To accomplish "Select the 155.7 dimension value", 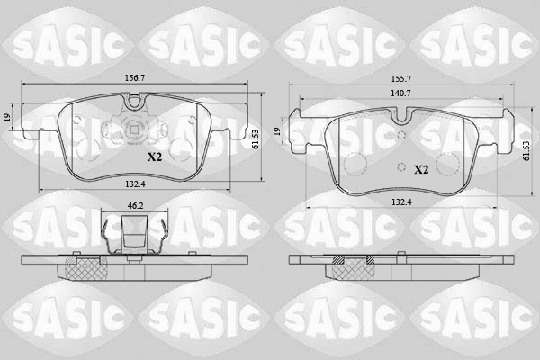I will click(401, 78).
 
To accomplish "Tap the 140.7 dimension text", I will click(401, 93).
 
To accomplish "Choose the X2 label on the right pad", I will click(420, 168).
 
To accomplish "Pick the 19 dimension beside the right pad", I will click(278, 132).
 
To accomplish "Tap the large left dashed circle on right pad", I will click(355, 164).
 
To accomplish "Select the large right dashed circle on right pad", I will click(448, 164).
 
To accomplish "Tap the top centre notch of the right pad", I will click(401, 113).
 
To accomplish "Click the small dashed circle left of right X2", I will click(399, 166).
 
